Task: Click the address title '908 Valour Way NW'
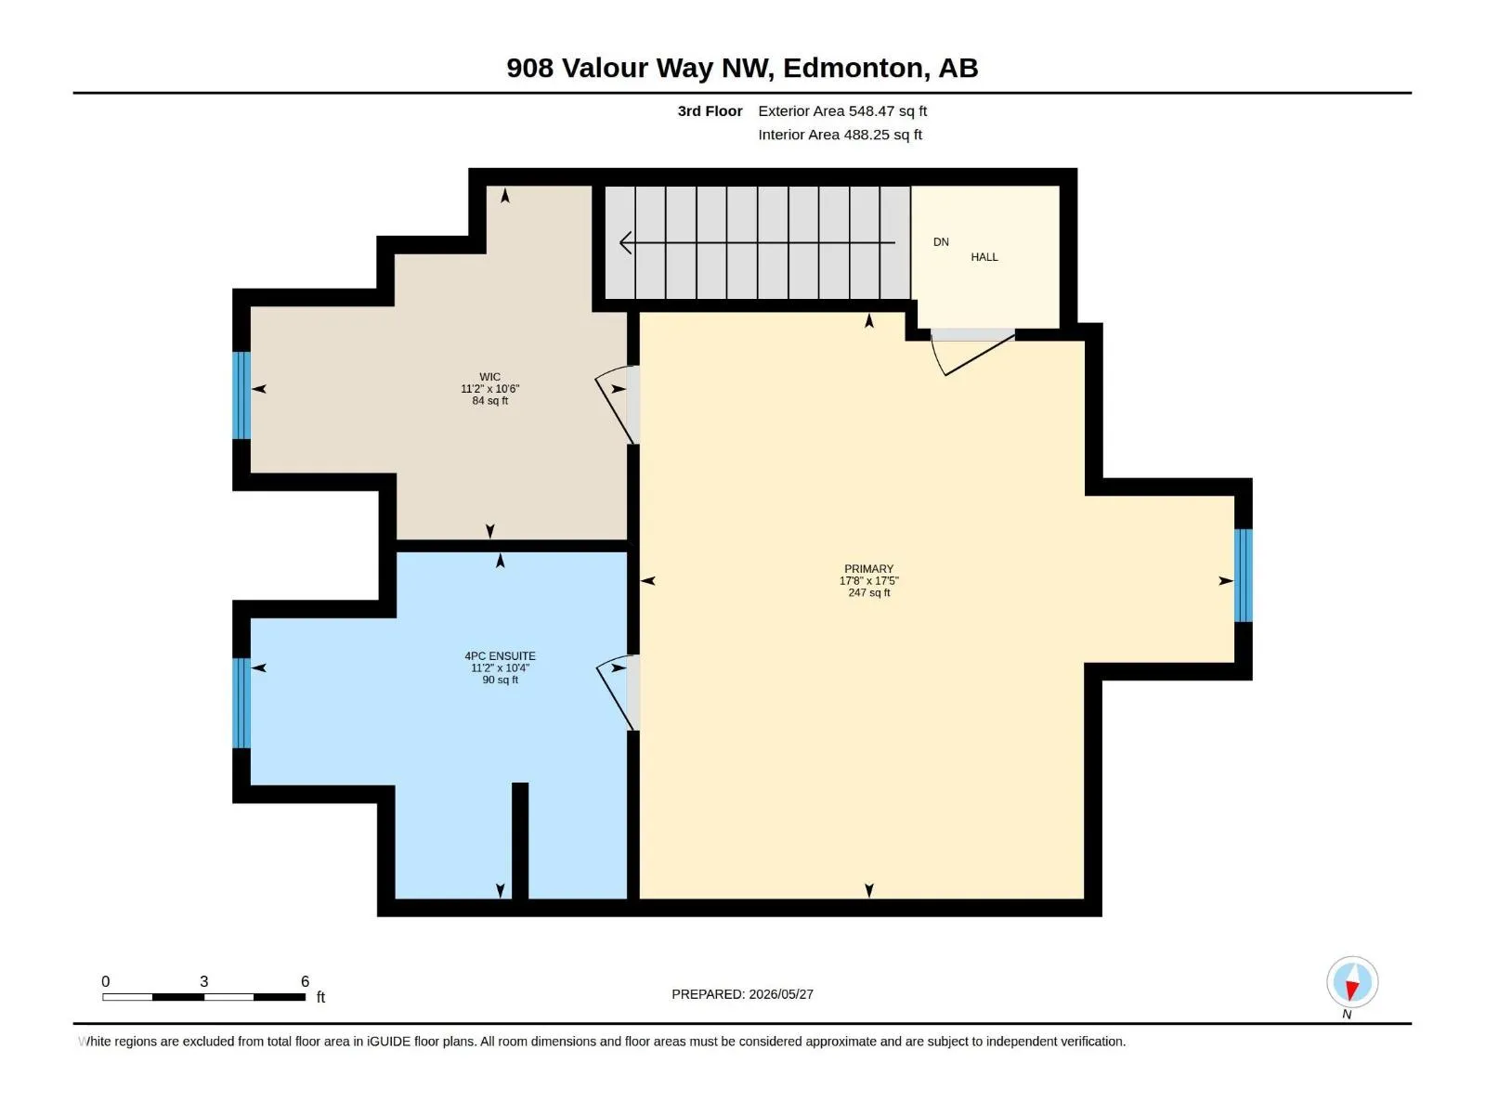point(639,68)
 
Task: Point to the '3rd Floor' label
point(710,110)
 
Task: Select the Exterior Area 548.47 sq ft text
point(842,110)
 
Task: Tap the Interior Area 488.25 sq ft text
point(840,135)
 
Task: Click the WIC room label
point(489,377)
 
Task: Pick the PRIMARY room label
point(868,569)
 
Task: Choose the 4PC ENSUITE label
point(500,656)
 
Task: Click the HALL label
point(984,257)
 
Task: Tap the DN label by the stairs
point(941,242)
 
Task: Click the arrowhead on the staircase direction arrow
point(626,242)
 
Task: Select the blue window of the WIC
point(241,395)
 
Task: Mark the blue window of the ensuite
point(241,704)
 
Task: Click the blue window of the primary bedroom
point(1243,576)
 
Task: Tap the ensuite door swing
point(618,693)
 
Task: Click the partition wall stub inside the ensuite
point(520,841)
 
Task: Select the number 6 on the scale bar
point(306,980)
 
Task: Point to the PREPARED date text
point(742,994)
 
